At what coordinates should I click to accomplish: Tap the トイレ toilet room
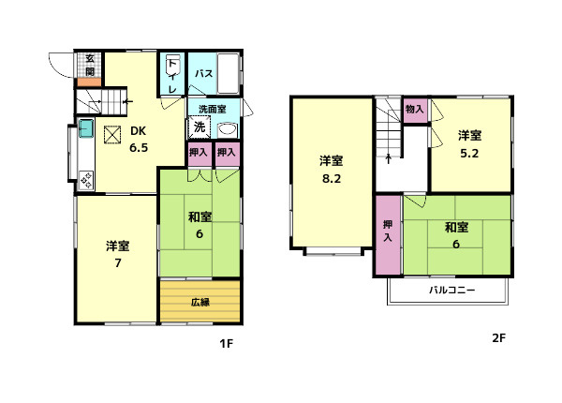click(173, 74)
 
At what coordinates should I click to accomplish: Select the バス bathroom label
click(204, 73)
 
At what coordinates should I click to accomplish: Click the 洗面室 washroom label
click(212, 108)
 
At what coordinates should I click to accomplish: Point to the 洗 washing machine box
click(200, 127)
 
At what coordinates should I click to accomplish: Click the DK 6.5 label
click(139, 140)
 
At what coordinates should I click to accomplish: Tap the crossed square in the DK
click(113, 136)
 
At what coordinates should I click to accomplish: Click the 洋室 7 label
click(117, 255)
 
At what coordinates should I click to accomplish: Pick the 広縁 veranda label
click(200, 302)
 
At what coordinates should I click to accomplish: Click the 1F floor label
click(225, 343)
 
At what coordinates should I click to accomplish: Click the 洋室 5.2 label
click(470, 144)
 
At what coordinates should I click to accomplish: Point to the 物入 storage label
click(415, 110)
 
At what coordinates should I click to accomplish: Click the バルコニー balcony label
click(452, 291)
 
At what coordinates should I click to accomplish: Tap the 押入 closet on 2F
click(388, 231)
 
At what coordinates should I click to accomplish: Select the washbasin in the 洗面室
click(226, 130)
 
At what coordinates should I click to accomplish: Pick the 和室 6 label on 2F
click(456, 234)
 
